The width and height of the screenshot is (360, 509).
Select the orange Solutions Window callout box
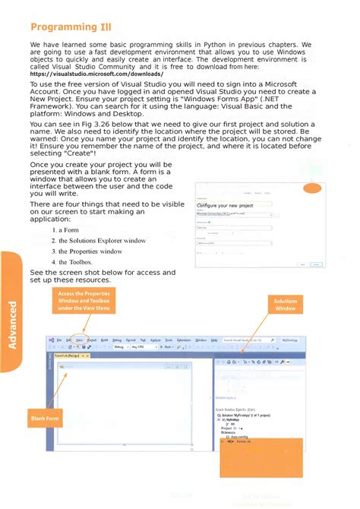tap(285, 305)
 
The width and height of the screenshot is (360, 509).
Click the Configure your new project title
tap(226, 206)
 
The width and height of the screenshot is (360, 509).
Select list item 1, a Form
tap(66, 229)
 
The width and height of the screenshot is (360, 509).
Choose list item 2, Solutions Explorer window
tap(99, 240)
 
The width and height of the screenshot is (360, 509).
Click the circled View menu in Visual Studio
tap(79, 340)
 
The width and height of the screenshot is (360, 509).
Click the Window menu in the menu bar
tap(201, 340)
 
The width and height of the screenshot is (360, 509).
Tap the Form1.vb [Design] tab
tap(68, 355)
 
